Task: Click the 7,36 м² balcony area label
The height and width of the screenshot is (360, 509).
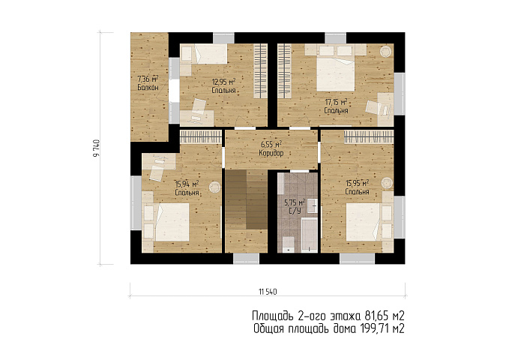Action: point(148,79)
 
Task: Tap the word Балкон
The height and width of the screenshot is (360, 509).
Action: point(148,88)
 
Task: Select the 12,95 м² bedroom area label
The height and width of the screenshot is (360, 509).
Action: point(223,81)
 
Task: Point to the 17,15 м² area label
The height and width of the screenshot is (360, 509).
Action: point(336,102)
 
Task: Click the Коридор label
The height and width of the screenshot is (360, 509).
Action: point(271,153)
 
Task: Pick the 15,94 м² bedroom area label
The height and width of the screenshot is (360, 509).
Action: point(187,184)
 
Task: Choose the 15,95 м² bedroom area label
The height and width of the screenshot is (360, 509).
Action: point(357,183)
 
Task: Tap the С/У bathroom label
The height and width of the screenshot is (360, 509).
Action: point(295,211)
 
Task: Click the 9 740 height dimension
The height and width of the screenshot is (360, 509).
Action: point(97,148)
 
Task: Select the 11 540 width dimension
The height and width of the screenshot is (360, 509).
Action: point(268,292)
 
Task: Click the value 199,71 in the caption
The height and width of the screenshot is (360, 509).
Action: point(375,328)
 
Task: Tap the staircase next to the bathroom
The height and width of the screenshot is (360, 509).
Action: point(246,199)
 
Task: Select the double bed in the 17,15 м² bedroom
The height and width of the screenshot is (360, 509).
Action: point(336,74)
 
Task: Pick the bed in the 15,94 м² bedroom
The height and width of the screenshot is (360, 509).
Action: point(172,222)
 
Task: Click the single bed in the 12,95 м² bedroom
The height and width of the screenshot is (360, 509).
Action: point(211,53)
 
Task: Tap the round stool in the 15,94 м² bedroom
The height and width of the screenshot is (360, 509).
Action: point(214,187)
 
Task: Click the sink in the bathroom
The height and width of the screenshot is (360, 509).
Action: point(313,205)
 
